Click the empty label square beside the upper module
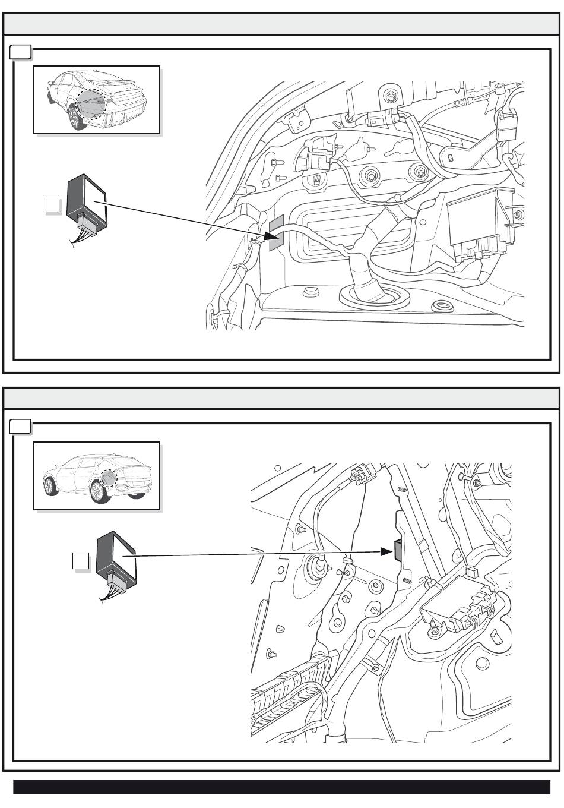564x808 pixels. (x=51, y=204)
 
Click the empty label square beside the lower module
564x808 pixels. (x=81, y=561)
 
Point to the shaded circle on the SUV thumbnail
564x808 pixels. (x=110, y=478)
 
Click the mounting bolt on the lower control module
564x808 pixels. (x=437, y=629)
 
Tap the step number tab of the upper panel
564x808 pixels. (x=21, y=53)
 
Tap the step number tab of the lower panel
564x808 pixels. (x=21, y=427)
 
